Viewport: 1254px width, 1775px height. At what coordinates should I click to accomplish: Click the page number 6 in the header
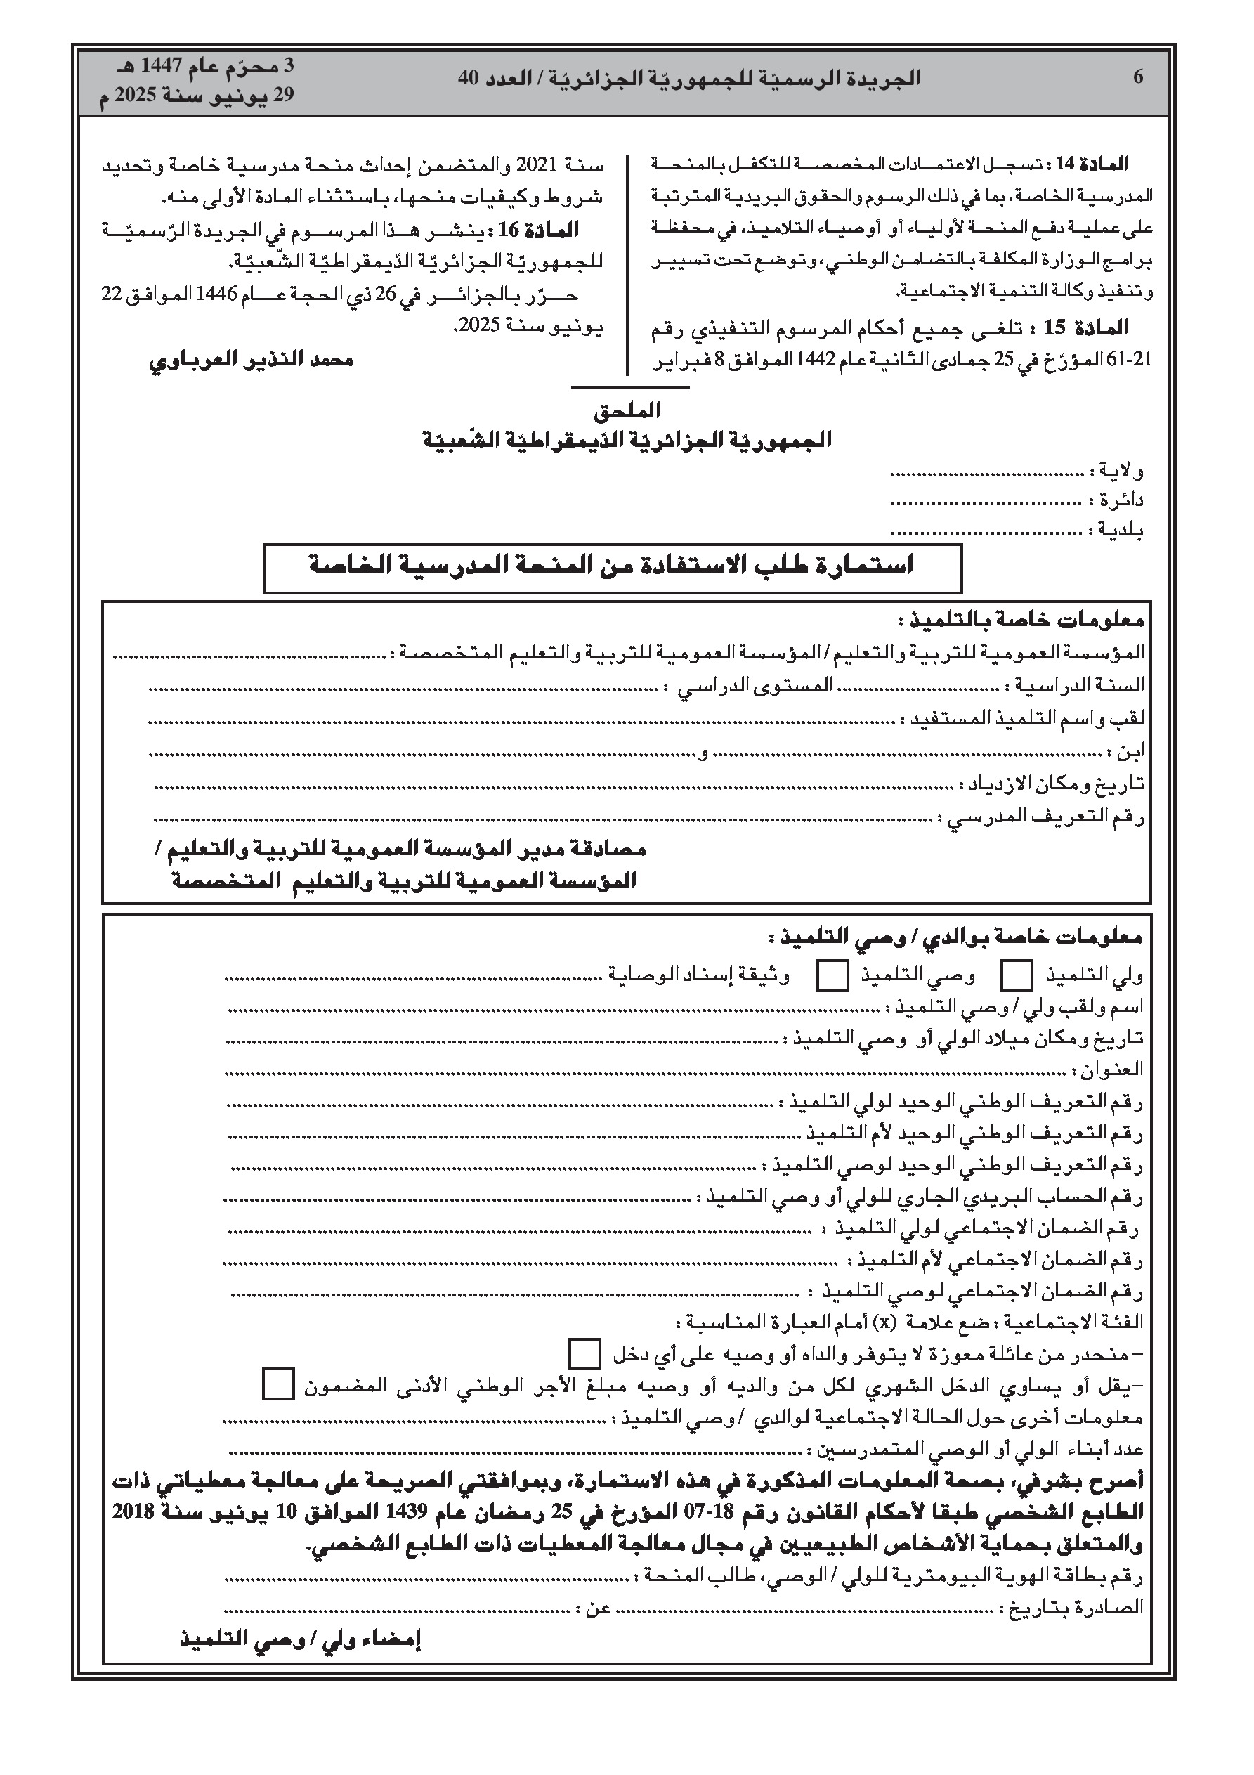pos(1138,77)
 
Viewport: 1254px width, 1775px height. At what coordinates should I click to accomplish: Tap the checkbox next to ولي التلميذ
pos(1017,975)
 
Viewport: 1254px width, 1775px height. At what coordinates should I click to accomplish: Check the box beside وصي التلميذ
pos(832,975)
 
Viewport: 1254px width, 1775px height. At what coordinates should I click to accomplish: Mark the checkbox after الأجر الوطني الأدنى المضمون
pos(278,1384)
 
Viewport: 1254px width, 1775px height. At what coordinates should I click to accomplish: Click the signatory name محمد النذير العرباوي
pos(252,360)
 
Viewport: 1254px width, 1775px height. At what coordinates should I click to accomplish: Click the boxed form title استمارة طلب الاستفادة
pos(611,566)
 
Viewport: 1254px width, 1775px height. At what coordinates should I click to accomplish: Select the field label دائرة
pos(1121,500)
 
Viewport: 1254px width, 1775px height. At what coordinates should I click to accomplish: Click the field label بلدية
pos(1121,531)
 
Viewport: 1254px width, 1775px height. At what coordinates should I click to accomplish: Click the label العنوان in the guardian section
pos(1113,1071)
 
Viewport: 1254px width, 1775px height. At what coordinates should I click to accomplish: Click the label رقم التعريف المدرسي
pos(1045,817)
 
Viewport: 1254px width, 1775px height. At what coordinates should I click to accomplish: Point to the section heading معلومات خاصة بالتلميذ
pos(1021,620)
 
